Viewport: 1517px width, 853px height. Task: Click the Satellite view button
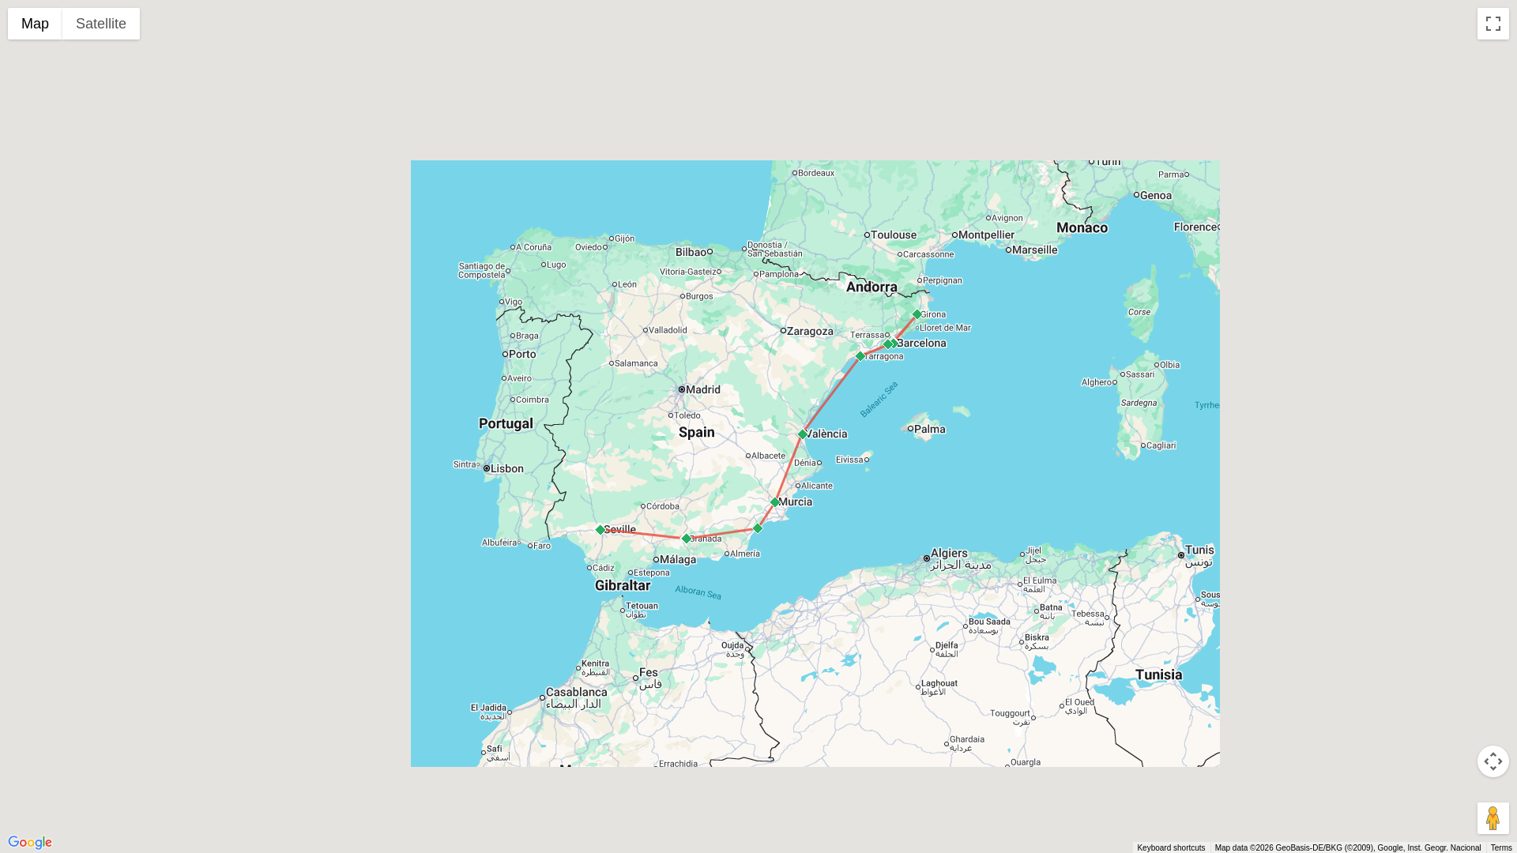click(100, 24)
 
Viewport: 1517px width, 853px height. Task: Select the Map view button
click(35, 24)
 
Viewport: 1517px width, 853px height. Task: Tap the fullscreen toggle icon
click(1493, 24)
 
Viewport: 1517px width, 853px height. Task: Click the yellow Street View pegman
click(1493, 818)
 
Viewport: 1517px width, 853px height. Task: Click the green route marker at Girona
click(917, 314)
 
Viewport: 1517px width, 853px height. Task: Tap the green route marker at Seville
click(600, 530)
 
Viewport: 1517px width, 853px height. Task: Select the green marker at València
click(803, 434)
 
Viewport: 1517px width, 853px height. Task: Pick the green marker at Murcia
click(775, 502)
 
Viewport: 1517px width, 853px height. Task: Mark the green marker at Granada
click(687, 539)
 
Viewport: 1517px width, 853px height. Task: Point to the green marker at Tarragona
click(860, 356)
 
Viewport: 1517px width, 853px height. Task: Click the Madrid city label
click(702, 389)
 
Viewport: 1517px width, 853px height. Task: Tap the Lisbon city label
click(506, 468)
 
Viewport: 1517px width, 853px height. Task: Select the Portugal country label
click(506, 423)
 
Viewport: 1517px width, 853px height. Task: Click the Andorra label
click(871, 287)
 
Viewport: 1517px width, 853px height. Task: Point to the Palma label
click(929, 430)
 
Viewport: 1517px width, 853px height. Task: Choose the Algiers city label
click(949, 554)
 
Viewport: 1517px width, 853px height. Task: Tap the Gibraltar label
click(623, 585)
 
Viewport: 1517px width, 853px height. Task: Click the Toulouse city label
click(893, 235)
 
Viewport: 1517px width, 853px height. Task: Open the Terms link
click(1500, 847)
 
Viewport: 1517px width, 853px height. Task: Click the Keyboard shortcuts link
click(1170, 847)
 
